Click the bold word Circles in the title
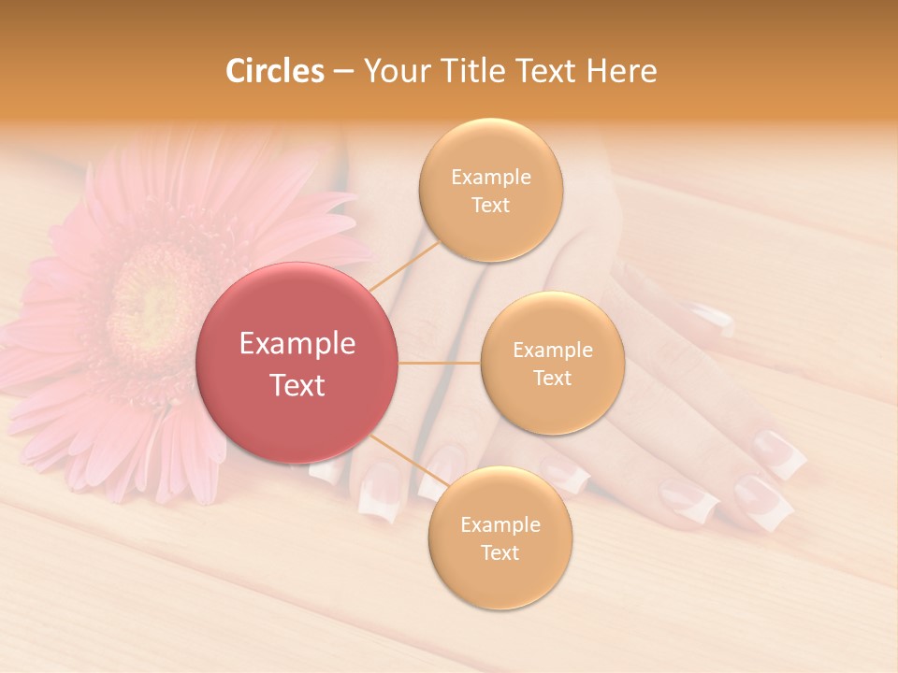[x=275, y=71]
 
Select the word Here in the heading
[x=621, y=71]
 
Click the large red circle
[x=297, y=363]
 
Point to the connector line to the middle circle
[x=440, y=363]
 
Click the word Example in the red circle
[x=297, y=344]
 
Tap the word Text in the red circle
[x=297, y=385]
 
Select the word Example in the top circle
[x=491, y=178]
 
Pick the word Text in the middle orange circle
[x=553, y=379]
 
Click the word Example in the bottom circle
[x=500, y=525]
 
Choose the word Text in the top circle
[x=491, y=206]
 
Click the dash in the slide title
[x=343, y=72]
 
